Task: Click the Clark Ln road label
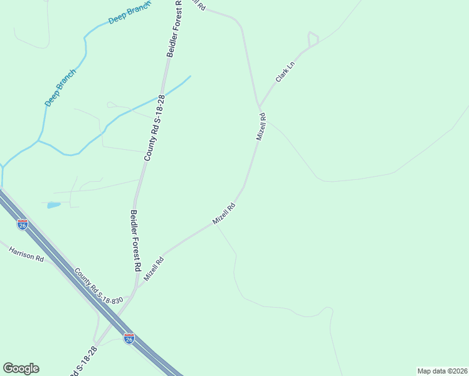[285, 72]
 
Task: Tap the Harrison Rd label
[26, 254]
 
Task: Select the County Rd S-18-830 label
[99, 288]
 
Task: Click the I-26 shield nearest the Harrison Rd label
[23, 224]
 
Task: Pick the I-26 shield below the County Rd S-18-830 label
[129, 338]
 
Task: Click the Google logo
[21, 368]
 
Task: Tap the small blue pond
[53, 205]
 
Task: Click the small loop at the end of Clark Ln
[313, 39]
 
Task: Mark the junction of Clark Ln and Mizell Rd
[258, 105]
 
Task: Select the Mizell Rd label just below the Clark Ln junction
[261, 126]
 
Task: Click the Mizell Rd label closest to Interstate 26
[153, 268]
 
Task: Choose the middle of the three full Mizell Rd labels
[223, 214]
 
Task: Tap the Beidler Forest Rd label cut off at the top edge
[174, 28]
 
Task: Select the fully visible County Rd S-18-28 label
[154, 128]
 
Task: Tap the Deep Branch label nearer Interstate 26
[61, 87]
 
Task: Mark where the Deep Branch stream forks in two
[39, 140]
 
